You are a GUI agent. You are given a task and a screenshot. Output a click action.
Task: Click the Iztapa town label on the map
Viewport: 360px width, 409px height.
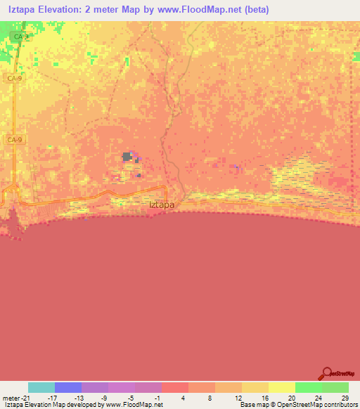pyautogui.click(x=162, y=204)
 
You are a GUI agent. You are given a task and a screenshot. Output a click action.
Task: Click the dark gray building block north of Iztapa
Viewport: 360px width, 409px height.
pyautogui.click(x=128, y=157)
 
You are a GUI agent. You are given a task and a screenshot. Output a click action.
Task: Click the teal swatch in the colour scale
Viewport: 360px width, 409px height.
pyautogui.click(x=41, y=387)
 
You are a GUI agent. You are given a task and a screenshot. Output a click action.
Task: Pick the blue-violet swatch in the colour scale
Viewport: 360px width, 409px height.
pyautogui.click(x=68, y=387)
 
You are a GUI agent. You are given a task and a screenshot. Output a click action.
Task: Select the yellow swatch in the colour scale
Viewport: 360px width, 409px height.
pyautogui.click(x=282, y=387)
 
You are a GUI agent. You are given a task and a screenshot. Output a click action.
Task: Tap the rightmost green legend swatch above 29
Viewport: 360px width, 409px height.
pyautogui.click(x=335, y=387)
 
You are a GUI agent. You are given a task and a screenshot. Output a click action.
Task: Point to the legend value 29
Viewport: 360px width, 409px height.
pyautogui.click(x=344, y=397)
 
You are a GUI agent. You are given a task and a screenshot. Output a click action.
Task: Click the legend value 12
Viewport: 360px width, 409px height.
pyautogui.click(x=238, y=397)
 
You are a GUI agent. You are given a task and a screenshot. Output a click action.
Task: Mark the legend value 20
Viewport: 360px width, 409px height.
pyautogui.click(x=291, y=397)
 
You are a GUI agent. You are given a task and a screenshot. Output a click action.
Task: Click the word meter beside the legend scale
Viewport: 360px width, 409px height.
pyautogui.click(x=10, y=397)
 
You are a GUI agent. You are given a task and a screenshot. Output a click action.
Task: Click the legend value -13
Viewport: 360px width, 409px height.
pyautogui.click(x=77, y=397)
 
